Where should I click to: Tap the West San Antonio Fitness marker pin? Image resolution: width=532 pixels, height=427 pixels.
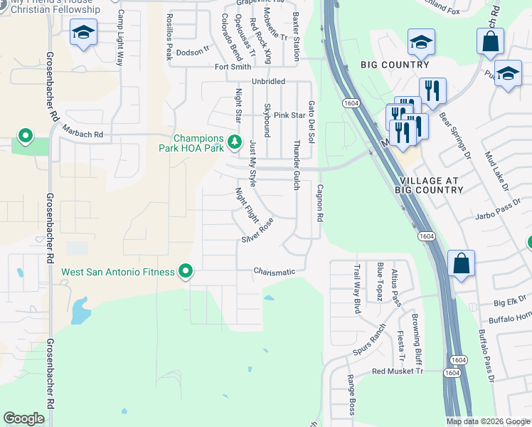click(x=186, y=271)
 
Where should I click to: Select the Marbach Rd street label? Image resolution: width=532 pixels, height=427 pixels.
click(x=83, y=134)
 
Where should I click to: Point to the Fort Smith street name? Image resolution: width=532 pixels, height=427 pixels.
click(x=234, y=67)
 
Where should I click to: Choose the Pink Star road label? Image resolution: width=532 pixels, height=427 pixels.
click(x=289, y=115)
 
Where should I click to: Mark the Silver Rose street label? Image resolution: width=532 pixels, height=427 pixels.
click(x=257, y=231)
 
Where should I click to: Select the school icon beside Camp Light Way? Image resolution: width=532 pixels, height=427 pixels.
click(x=84, y=33)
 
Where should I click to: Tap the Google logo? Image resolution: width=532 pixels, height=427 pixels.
click(x=24, y=418)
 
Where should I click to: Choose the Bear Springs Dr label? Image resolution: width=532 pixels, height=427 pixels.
click(x=454, y=135)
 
